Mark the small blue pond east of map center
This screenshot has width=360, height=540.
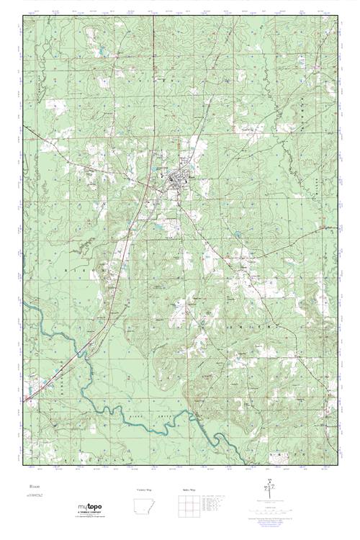coord(235,232)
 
